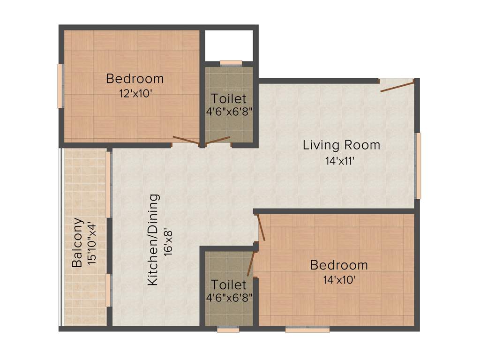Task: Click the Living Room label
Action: click(x=341, y=144)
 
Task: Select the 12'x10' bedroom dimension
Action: click(x=135, y=93)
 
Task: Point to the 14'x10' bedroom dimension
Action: click(x=339, y=280)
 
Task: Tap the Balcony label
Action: click(x=77, y=242)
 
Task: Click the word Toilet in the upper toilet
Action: click(x=228, y=99)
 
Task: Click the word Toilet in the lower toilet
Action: click(x=228, y=285)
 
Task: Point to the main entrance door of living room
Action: click(x=397, y=86)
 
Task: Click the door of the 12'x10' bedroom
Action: click(x=186, y=139)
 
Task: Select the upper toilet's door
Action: click(x=217, y=140)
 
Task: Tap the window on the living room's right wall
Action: click(x=418, y=165)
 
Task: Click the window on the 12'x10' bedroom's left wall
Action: click(x=60, y=86)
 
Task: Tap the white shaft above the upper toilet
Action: click(x=229, y=45)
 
